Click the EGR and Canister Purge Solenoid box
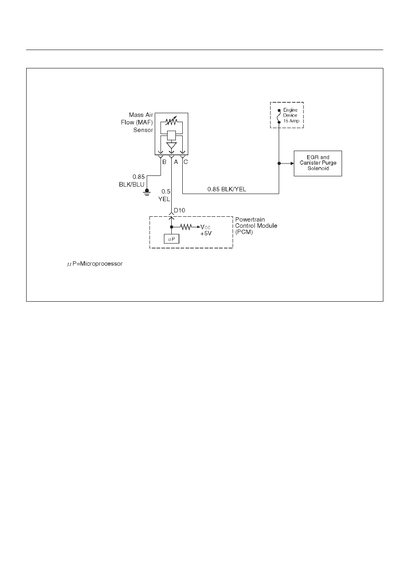(318, 163)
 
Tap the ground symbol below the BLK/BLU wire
(147, 192)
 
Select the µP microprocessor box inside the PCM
(171, 239)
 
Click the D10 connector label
(180, 210)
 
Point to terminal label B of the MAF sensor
(164, 162)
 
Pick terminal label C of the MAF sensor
(185, 162)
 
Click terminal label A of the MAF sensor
(176, 162)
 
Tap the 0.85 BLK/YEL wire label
(226, 189)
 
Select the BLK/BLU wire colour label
(131, 185)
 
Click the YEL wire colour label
(164, 199)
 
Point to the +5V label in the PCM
(206, 234)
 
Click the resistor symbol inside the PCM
(186, 227)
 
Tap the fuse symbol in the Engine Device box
(279, 116)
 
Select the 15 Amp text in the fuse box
(291, 121)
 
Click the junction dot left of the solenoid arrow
(279, 163)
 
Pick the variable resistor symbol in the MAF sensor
(171, 121)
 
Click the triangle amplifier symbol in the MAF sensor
(171, 145)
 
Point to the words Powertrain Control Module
(256, 223)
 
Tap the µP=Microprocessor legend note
(95, 264)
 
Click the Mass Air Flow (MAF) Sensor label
(137, 122)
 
